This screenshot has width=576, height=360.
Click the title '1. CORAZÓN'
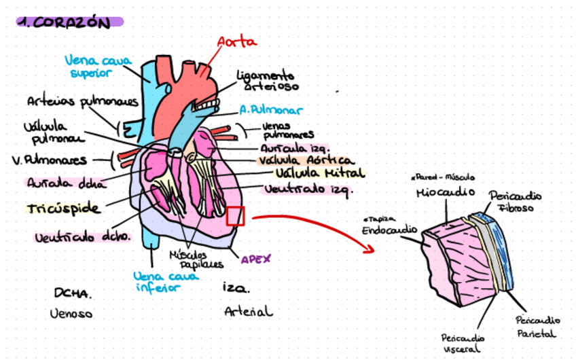tap(64, 22)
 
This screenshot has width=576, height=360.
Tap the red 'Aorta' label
tap(237, 41)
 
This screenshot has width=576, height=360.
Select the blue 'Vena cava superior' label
tap(98, 66)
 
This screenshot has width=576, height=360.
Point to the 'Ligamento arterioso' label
tap(266, 80)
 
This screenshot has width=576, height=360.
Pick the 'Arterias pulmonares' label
tap(82, 102)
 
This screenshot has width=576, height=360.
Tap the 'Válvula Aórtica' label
tap(306, 161)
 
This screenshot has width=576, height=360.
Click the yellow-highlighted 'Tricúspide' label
tap(64, 208)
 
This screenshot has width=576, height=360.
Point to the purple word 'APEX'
tap(256, 258)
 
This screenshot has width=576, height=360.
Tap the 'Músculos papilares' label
tap(196, 259)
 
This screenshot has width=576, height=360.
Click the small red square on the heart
tap(235, 215)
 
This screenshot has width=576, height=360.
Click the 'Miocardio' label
tap(445, 194)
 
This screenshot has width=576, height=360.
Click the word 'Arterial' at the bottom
tap(249, 312)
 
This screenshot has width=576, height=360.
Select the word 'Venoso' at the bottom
tap(71, 314)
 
